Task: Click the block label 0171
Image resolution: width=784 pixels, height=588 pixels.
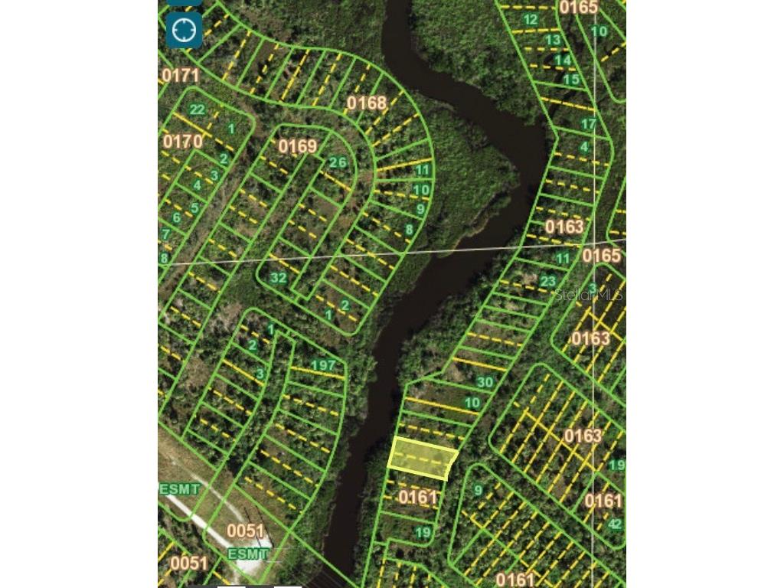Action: (181, 75)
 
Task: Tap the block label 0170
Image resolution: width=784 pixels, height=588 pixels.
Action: (182, 142)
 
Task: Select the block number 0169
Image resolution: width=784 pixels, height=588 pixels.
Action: (298, 146)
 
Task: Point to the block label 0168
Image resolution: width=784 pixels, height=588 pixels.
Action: (367, 103)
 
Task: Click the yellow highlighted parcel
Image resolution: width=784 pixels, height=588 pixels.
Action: (423, 459)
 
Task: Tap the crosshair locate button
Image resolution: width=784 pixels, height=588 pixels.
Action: (185, 31)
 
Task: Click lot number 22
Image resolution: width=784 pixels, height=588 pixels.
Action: (198, 109)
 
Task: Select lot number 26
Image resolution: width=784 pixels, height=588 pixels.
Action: (338, 162)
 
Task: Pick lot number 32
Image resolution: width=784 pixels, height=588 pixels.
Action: (278, 278)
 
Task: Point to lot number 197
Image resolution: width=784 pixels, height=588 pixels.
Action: (324, 365)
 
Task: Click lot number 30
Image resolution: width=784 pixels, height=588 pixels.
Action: (485, 381)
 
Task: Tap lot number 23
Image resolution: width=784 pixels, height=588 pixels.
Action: (547, 281)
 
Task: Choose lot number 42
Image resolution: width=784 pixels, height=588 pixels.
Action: (615, 524)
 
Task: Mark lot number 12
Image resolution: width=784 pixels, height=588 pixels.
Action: (530, 19)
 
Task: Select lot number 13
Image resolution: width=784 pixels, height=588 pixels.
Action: (553, 40)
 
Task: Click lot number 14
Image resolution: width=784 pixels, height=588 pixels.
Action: (563, 60)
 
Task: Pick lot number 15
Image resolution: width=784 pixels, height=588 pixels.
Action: (571, 79)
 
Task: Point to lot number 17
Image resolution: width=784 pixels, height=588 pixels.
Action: (588, 123)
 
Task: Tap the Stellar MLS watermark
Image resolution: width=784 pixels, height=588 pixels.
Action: (589, 294)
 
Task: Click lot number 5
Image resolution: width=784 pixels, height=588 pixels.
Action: (195, 207)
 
